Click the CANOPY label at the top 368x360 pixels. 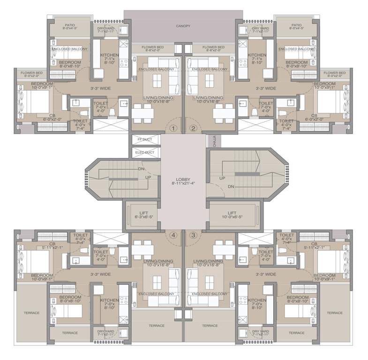tap(183, 26)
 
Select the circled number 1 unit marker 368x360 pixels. tap(173, 128)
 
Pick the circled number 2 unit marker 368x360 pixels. tap(193, 128)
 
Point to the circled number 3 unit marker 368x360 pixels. tap(193, 235)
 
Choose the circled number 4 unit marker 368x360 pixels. tap(173, 235)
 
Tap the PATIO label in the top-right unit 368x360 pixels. tap(296, 25)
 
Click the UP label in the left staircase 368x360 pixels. tap(148, 178)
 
